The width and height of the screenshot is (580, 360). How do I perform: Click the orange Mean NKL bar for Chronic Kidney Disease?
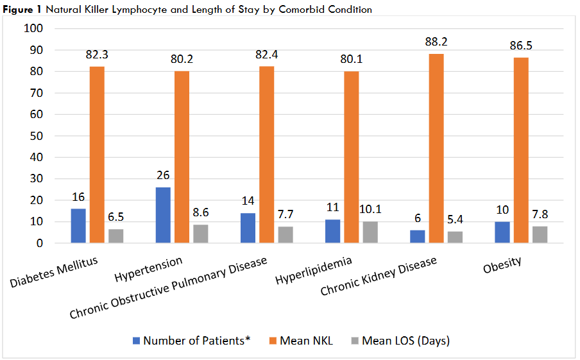(436, 148)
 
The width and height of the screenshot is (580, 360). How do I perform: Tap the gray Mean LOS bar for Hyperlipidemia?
(370, 232)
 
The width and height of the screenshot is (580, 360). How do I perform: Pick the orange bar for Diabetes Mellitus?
(97, 155)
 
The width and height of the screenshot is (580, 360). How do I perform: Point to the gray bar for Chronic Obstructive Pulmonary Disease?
(286, 235)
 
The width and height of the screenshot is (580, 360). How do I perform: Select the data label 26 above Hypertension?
(163, 175)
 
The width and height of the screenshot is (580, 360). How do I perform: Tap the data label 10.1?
(370, 209)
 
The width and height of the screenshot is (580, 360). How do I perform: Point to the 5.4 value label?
(455, 219)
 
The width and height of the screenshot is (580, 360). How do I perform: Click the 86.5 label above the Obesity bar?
(520, 46)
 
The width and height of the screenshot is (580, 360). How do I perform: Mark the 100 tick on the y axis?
(33, 29)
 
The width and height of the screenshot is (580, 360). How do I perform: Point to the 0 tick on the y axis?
(39, 243)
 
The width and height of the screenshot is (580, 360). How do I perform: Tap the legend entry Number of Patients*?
(192, 341)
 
